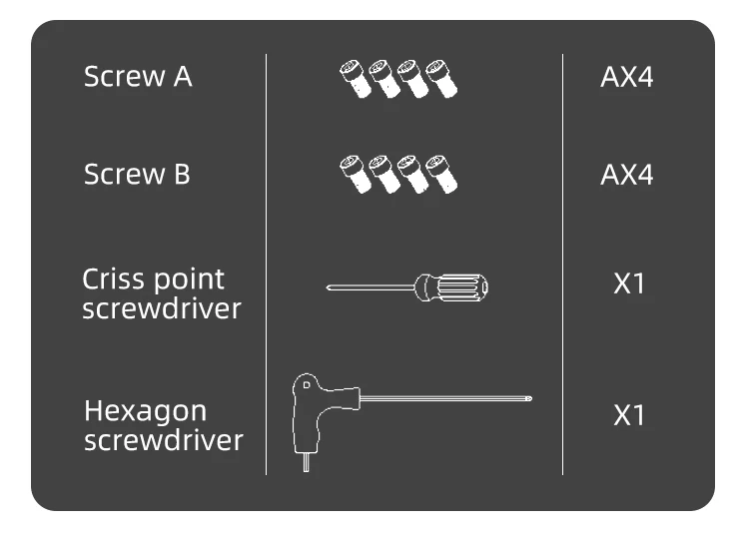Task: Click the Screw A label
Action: point(137,77)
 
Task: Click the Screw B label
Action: point(137,175)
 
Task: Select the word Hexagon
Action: point(146,411)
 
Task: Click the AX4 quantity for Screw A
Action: point(626,77)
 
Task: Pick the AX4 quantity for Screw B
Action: point(626,175)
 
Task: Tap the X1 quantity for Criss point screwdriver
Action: point(629,283)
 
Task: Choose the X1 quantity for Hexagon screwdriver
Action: point(629,414)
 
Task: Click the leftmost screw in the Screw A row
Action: point(356,78)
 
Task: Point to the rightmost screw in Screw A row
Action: point(440,78)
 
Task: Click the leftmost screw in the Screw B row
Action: point(356,174)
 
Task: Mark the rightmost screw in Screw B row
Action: point(440,174)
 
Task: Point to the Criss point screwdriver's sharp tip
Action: point(329,288)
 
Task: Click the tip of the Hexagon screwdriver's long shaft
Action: point(529,399)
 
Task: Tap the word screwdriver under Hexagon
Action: point(163,440)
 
